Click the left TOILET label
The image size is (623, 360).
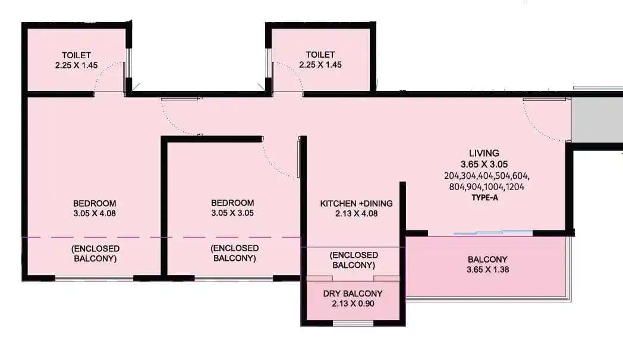click(76, 55)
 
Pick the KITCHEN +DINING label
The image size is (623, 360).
click(356, 204)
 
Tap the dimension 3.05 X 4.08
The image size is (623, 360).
click(95, 213)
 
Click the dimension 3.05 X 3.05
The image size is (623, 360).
click(232, 213)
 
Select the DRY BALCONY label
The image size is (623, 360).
click(353, 293)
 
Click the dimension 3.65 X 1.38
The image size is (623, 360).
click(487, 269)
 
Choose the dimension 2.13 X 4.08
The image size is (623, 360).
click(356, 213)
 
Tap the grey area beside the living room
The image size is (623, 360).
click(596, 119)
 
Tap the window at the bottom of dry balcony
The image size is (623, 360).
click(353, 324)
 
